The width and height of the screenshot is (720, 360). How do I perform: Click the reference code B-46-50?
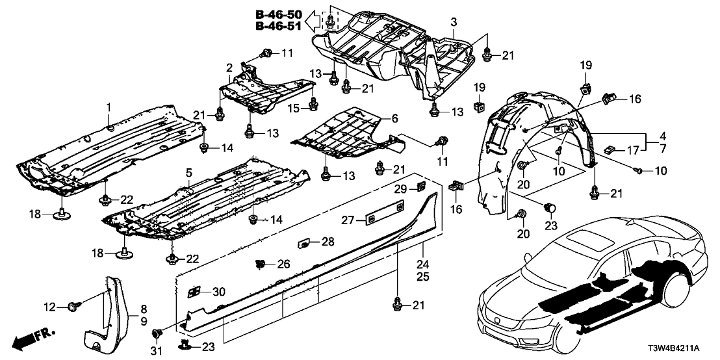tap(277, 14)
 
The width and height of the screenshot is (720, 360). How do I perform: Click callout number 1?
tap(109, 107)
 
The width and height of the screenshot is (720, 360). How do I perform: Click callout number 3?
tap(454, 23)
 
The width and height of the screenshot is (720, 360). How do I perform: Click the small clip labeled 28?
tap(303, 244)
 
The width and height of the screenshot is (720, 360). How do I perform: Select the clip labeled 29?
tap(421, 188)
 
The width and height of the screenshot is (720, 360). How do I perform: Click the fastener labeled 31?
tap(156, 334)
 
